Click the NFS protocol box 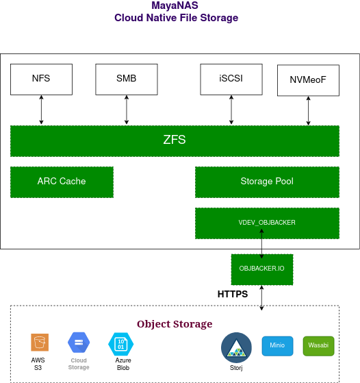coord(41,79)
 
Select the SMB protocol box coord(126,79)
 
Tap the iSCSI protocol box coord(231,79)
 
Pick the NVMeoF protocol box coord(308,80)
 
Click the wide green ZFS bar coord(175,140)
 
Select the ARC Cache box coord(62,182)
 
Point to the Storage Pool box coord(267,182)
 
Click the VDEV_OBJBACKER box coord(267,223)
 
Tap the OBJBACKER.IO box coord(262,269)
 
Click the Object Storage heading coord(175,324)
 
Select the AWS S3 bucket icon coord(39,342)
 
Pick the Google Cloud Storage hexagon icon coord(79,342)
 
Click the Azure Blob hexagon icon coord(120,343)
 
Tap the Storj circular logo coord(236,349)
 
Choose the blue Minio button coord(277,346)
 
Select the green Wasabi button coord(318,346)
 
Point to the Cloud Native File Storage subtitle coord(176,18)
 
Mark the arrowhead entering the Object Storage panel coord(261,308)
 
